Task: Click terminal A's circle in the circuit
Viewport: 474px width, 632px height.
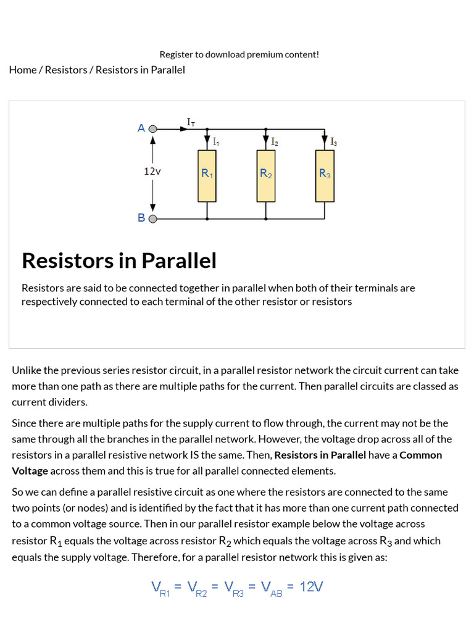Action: [153, 129]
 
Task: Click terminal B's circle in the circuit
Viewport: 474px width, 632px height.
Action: [153, 218]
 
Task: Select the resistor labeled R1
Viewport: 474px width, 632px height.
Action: [207, 176]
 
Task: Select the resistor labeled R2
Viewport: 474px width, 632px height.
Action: [265, 176]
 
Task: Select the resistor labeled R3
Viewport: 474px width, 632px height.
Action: [325, 176]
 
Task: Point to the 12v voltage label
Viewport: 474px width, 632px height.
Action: [152, 172]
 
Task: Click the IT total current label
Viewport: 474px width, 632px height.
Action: [191, 122]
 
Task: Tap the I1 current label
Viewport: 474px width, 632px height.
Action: [215, 142]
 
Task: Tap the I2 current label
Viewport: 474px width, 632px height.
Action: [274, 142]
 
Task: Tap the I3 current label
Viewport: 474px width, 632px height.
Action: [333, 142]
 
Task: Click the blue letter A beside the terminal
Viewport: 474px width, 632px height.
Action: [141, 128]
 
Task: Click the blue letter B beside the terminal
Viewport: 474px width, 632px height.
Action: [141, 218]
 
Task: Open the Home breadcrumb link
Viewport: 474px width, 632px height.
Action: [23, 70]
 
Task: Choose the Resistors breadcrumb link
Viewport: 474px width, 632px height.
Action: [66, 70]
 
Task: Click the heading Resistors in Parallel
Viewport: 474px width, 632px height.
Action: [119, 260]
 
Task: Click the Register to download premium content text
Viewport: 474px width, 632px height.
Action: [239, 54]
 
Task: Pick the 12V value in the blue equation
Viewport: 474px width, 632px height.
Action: [311, 586]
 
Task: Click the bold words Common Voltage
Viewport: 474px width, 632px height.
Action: [421, 455]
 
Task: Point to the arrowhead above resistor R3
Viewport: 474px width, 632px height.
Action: [325, 139]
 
